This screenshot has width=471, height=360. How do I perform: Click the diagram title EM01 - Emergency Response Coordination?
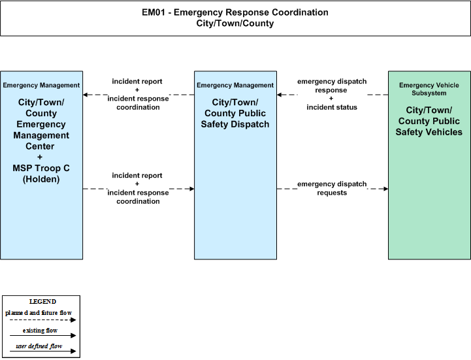pyautogui.click(x=235, y=12)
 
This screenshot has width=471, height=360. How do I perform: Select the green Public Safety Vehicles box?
pyautogui.click(x=429, y=165)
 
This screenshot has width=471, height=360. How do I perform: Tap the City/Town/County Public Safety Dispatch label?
pyautogui.click(x=235, y=113)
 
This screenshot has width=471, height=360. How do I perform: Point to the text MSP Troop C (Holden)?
pyautogui.click(x=41, y=174)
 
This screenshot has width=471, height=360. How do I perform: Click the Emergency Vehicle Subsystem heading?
pyautogui.click(x=429, y=90)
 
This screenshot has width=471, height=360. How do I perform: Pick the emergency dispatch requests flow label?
pyautogui.click(x=332, y=188)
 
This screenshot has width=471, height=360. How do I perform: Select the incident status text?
pyautogui.click(x=332, y=107)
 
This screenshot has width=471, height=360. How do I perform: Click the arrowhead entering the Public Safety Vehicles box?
pyautogui.click(x=385, y=189)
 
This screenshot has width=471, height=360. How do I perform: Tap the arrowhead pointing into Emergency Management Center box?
pyautogui.click(x=86, y=95)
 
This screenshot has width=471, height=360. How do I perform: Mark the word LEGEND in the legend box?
pyautogui.click(x=42, y=302)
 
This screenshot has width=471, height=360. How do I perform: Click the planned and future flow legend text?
pyautogui.click(x=39, y=313)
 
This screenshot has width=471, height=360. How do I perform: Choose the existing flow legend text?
pyautogui.click(x=41, y=331)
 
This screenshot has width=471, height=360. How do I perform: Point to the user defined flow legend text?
pyautogui.click(x=39, y=346)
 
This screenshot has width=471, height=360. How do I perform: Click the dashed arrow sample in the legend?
pyautogui.click(x=43, y=320)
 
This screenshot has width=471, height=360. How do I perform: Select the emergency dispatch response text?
pyautogui.click(x=332, y=86)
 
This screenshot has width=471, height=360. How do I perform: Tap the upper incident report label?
pyautogui.click(x=137, y=82)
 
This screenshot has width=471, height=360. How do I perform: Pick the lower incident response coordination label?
pyautogui.click(x=138, y=197)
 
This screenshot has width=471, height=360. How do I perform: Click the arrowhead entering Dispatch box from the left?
pyautogui.click(x=191, y=189)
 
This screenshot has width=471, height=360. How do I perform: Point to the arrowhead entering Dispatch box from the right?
pyautogui.click(x=280, y=95)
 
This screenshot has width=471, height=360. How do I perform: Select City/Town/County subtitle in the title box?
pyautogui.click(x=235, y=24)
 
